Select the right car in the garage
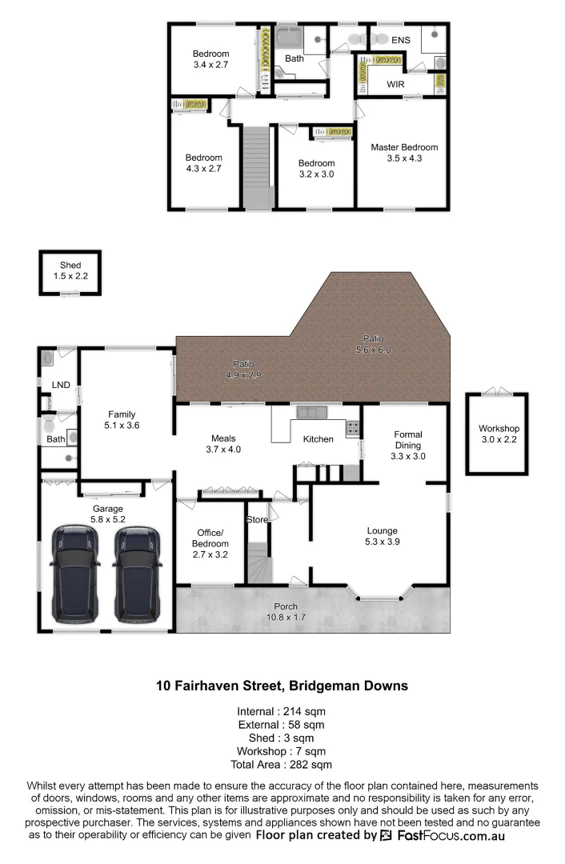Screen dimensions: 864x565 coord(136,574)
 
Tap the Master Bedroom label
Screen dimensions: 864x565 coord(403,147)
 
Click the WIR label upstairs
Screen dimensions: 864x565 coord(395,83)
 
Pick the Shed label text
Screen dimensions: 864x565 coord(70,266)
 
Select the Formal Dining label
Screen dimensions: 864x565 coord(407,440)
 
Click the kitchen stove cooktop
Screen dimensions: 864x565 coord(352,429)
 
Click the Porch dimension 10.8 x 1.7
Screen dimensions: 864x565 coord(286,618)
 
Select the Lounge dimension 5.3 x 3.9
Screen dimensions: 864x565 coord(382,542)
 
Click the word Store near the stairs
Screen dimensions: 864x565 coord(257,520)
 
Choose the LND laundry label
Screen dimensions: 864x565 coord(61,386)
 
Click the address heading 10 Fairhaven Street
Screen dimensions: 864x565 coord(282,686)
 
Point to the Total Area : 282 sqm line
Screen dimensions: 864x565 coord(282,766)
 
